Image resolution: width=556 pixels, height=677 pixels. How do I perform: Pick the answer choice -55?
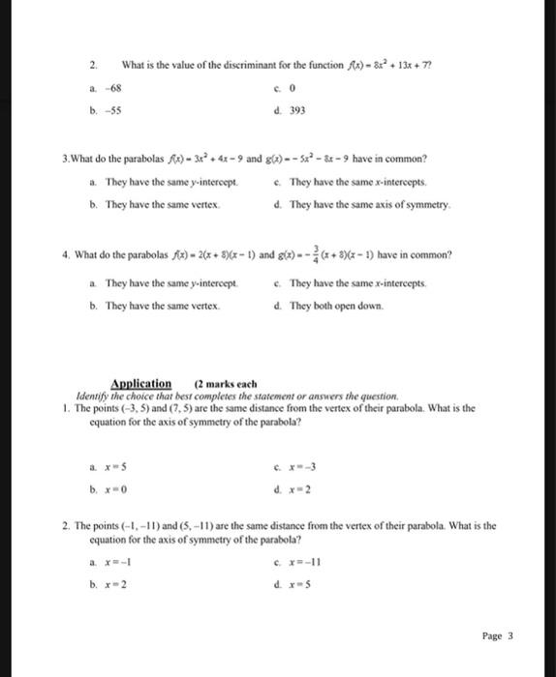112,110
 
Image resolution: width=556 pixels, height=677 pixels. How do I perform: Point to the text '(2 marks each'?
224,384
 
